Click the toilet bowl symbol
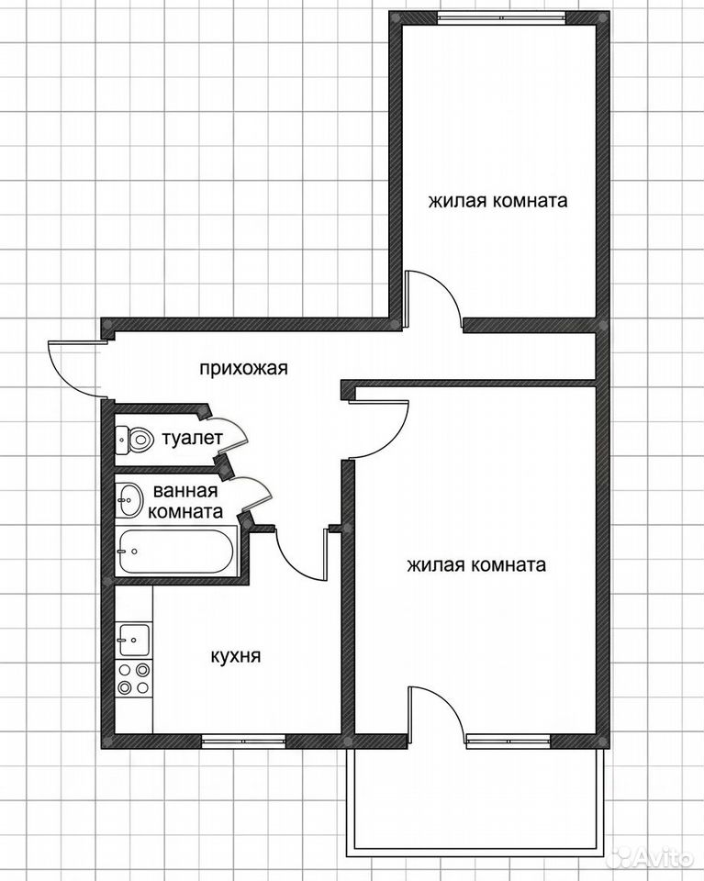134,440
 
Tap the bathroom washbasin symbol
130,499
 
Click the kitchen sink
133,640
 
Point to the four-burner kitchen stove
134,678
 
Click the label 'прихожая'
243,369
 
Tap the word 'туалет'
192,439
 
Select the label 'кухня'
235,655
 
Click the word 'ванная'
184,491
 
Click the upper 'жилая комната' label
497,201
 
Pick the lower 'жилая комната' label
476,564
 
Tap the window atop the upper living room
501,17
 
